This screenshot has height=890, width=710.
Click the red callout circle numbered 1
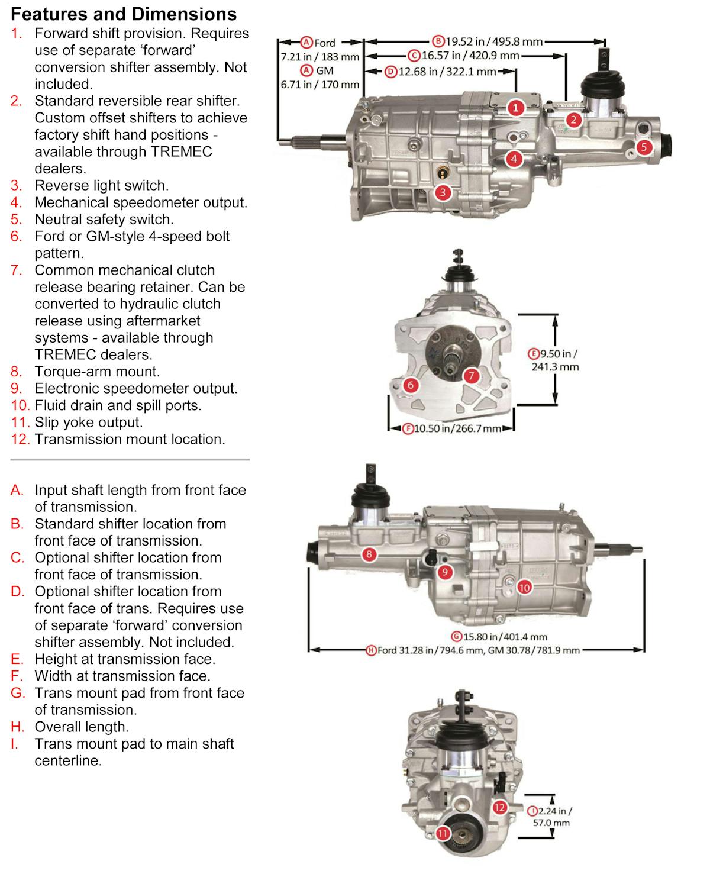(516, 108)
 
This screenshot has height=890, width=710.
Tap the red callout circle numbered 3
(443, 192)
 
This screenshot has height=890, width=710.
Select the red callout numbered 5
(644, 147)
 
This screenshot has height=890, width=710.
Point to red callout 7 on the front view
(471, 375)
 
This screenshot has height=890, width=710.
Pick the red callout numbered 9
(444, 572)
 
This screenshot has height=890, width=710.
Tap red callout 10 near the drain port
(524, 587)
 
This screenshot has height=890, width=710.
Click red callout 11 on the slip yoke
(443, 833)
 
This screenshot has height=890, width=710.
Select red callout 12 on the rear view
(499, 807)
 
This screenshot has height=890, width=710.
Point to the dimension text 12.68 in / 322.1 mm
(441, 72)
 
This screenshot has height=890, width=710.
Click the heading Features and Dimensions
(124, 14)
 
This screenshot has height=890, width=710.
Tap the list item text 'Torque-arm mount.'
(97, 372)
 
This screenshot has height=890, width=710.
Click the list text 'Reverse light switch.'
(101, 185)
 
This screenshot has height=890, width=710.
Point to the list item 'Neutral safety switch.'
(104, 219)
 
